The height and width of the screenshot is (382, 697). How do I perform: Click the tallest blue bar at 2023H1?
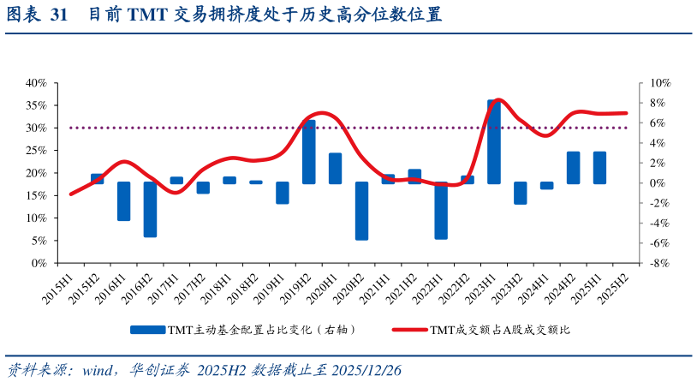(494, 141)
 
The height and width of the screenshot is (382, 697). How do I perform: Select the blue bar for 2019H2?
(309, 152)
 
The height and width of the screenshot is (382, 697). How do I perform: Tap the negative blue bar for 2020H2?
(361, 211)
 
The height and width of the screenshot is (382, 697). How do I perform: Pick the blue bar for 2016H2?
(150, 209)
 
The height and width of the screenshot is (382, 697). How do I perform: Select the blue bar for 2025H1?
(599, 167)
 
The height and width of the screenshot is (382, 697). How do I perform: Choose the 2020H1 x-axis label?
(325, 288)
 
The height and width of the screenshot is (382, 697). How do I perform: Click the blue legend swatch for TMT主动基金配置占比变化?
(147, 329)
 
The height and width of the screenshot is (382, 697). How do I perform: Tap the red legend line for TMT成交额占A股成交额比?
(408, 329)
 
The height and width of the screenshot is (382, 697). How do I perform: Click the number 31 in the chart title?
(59, 15)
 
